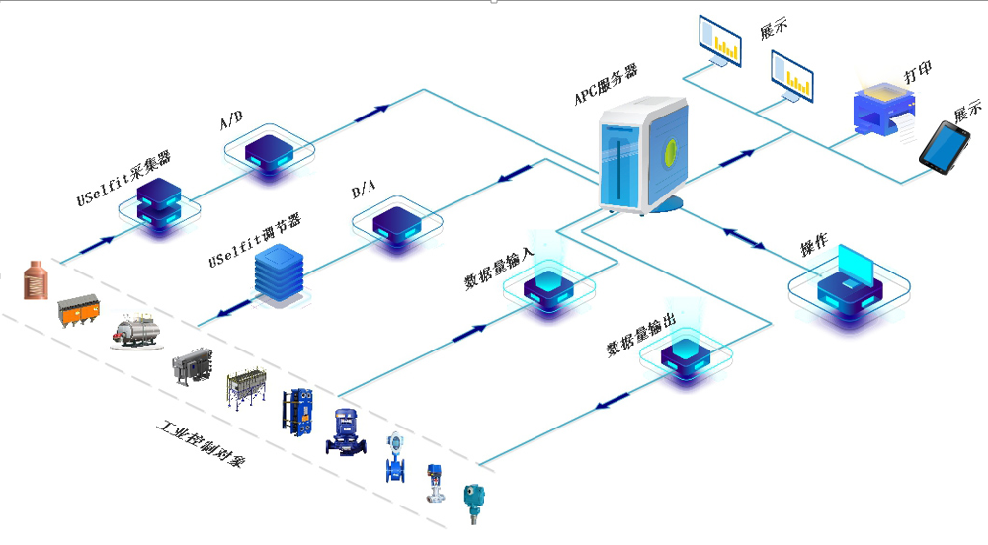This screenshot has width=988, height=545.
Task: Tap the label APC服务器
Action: pyautogui.click(x=606, y=85)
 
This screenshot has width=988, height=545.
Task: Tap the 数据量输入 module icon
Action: pyautogui.click(x=549, y=289)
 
